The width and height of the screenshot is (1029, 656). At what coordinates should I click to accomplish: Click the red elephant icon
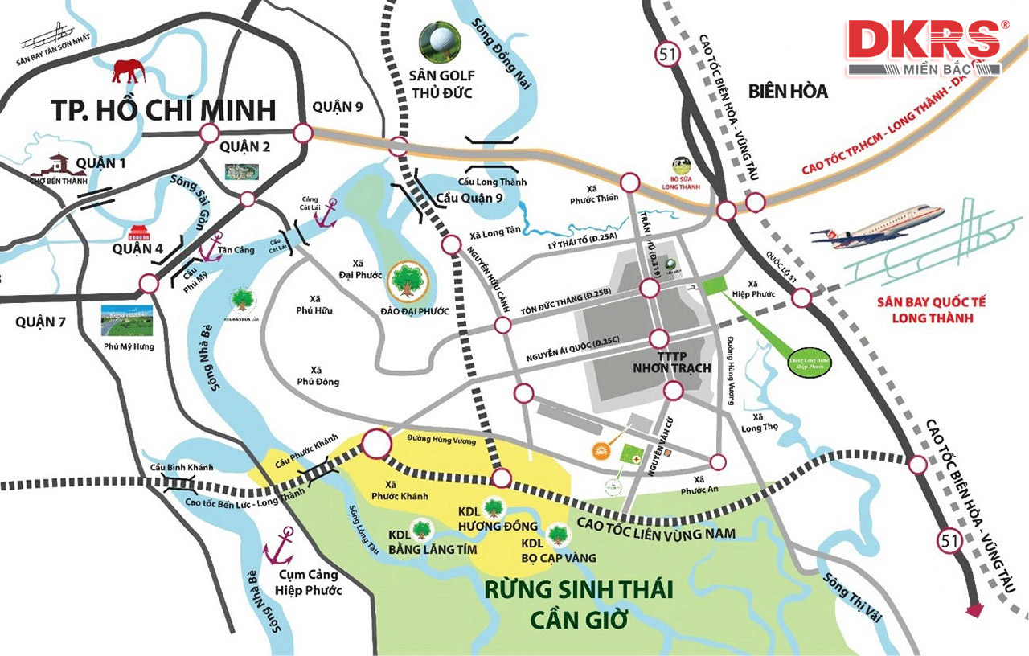pos(128,71)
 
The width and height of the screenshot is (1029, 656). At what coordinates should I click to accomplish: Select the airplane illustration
pos(878,224)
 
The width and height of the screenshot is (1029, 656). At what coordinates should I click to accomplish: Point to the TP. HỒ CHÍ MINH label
pos(163,109)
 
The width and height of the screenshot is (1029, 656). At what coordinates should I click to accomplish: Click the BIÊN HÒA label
pos(788,91)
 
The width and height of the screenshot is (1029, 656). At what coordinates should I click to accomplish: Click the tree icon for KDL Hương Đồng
pos(493,507)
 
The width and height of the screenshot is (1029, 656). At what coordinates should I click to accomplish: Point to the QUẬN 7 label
pos(39,322)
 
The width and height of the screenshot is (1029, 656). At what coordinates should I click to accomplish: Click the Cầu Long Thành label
pos(492,182)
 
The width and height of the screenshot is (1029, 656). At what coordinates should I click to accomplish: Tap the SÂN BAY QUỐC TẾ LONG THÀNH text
pos(931,310)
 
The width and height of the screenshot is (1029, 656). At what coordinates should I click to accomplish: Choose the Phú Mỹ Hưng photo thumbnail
pos(128,321)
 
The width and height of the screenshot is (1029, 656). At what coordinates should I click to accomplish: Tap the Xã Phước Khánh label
pos(395,490)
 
